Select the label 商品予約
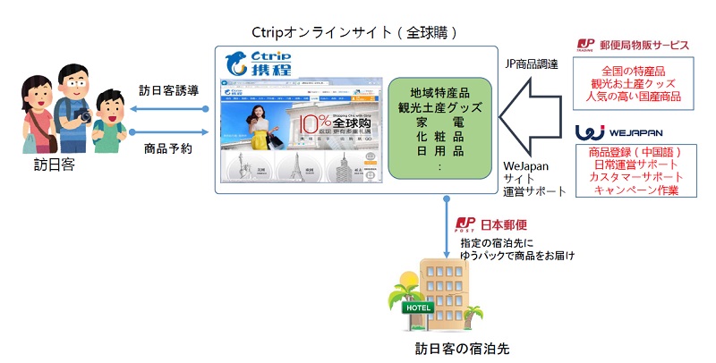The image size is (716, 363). click(167, 148)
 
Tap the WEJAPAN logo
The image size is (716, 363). click(617, 132)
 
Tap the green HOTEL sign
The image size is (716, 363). click(420, 308)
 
